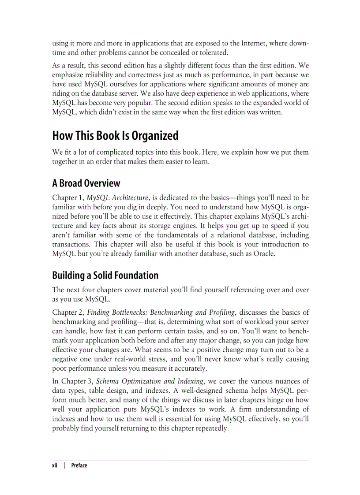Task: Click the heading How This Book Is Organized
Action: (x=115, y=135)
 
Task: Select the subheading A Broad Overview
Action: (x=86, y=183)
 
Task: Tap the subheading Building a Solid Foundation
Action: (x=105, y=275)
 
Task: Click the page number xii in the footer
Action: (x=55, y=465)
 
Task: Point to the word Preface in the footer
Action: (x=79, y=465)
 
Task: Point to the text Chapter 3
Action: (x=76, y=368)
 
